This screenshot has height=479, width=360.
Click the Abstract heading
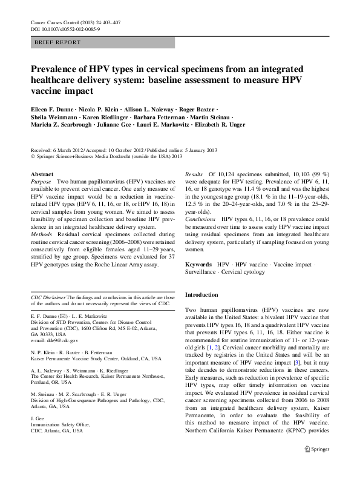click(x=41, y=174)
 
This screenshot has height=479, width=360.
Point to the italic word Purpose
click(x=41, y=182)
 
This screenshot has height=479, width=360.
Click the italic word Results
click(x=195, y=174)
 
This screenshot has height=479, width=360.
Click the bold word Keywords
click(x=198, y=265)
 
